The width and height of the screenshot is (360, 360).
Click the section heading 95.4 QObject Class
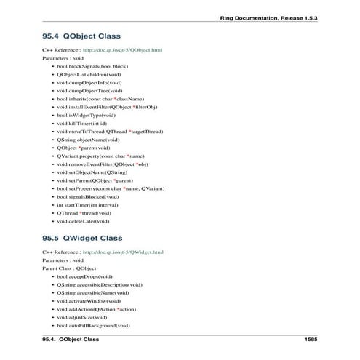pos(81,35)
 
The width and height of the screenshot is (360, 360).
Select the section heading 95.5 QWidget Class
pos(82,238)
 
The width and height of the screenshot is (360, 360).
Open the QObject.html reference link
pos(122,50)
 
